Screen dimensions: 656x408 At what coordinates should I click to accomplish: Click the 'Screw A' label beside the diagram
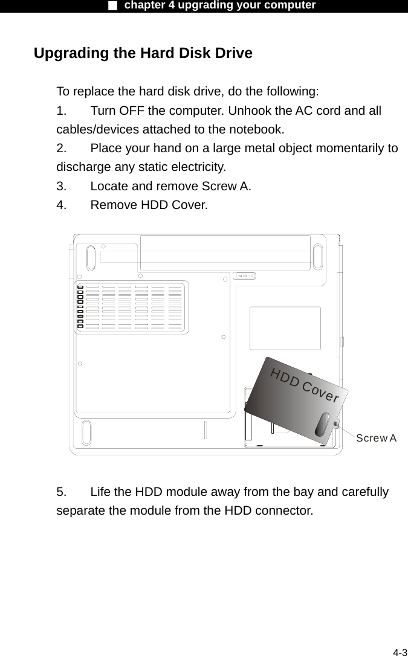[x=376, y=437]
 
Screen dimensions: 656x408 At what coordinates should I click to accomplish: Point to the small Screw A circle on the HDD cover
[x=336, y=425]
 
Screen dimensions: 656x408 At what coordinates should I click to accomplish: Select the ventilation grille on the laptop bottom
[x=130, y=307]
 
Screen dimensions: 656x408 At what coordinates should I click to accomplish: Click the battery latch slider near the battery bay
[x=246, y=275]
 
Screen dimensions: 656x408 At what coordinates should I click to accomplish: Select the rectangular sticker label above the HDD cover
[x=285, y=327]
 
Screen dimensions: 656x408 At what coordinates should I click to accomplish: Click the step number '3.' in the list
[x=62, y=185]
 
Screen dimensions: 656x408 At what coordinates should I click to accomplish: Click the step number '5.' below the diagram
[x=62, y=492]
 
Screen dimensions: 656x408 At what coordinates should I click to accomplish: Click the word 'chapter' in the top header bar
[x=146, y=5]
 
